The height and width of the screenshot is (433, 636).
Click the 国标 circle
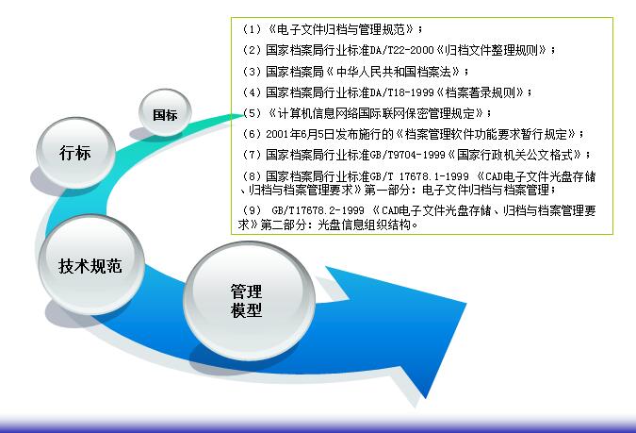click(165, 112)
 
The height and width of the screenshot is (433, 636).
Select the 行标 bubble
click(75, 152)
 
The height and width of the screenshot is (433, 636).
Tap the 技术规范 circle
click(91, 264)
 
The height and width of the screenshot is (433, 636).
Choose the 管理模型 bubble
click(249, 301)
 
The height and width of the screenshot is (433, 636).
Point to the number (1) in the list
click(252, 29)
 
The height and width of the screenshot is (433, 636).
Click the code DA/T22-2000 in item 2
click(402, 50)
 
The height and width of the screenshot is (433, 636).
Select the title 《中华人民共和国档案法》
click(393, 72)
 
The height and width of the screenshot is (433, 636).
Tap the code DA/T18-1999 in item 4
click(402, 92)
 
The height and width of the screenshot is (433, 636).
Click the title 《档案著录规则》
click(480, 92)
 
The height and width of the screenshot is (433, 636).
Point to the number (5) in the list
click(252, 113)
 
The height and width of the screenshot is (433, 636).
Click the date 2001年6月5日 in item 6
click(301, 134)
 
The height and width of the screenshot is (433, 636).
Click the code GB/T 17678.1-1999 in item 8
click(419, 176)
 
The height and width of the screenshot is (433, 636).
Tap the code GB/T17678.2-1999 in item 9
click(318, 210)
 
